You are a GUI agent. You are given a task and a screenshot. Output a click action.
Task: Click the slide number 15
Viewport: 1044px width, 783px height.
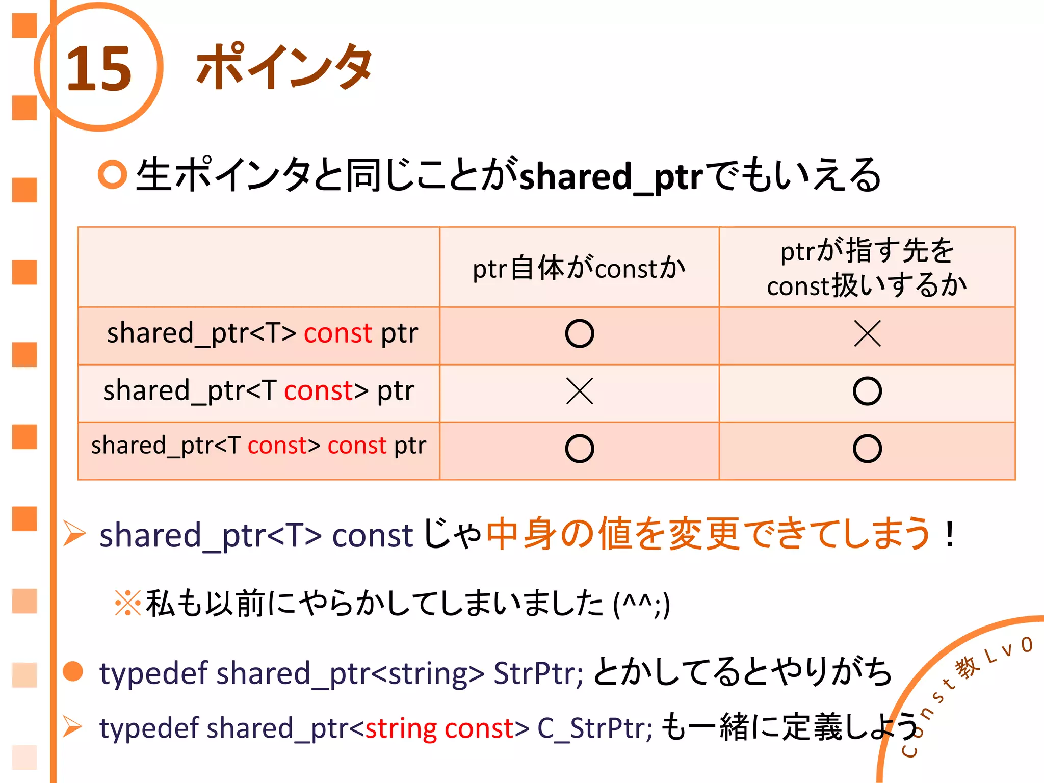pyautogui.click(x=99, y=69)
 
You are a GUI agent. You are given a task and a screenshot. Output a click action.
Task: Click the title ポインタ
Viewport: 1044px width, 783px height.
pyautogui.click(x=284, y=66)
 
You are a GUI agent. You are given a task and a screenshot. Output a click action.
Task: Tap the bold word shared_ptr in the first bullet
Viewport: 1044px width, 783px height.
pyautogui.click(x=611, y=176)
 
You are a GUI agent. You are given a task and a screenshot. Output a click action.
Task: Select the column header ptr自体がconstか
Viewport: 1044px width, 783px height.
pyautogui.click(x=579, y=268)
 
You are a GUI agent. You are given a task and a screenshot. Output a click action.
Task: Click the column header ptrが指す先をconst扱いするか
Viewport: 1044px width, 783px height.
pyautogui.click(x=867, y=268)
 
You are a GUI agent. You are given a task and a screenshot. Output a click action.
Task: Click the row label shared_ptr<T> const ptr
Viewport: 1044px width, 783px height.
pyautogui.click(x=262, y=333)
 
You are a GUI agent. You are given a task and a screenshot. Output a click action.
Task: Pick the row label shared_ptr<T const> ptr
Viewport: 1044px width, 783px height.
pyautogui.click(x=258, y=391)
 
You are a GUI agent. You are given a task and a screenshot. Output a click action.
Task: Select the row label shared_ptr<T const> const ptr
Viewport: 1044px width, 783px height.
pyautogui.click(x=258, y=446)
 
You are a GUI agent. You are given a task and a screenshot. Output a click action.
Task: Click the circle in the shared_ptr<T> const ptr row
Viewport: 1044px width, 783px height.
pyautogui.click(x=580, y=334)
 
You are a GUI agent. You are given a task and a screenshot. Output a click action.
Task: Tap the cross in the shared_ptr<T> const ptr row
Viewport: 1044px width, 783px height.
pyautogui.click(x=867, y=334)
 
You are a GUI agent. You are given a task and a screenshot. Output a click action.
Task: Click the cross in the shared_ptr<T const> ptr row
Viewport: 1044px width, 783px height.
pyautogui.click(x=580, y=391)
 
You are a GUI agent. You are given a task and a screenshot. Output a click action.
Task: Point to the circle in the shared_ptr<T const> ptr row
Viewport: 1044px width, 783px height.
pyautogui.click(x=867, y=391)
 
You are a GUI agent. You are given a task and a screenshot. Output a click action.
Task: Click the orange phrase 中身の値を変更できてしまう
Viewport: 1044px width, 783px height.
pyautogui.click(x=709, y=534)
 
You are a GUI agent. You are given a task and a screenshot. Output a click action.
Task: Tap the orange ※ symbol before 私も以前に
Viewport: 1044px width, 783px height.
pyautogui.click(x=127, y=603)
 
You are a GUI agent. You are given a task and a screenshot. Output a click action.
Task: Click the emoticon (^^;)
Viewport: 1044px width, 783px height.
pyautogui.click(x=641, y=605)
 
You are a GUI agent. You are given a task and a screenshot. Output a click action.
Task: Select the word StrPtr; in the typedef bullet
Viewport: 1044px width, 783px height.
pyautogui.click(x=538, y=673)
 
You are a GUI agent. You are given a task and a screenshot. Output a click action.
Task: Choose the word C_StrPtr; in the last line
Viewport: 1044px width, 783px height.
pyautogui.click(x=594, y=728)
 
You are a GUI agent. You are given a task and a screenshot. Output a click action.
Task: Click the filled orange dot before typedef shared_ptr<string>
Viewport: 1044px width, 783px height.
pyautogui.click(x=73, y=671)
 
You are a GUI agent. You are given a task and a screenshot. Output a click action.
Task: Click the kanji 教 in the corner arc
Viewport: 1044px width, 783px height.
pyautogui.click(x=967, y=667)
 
